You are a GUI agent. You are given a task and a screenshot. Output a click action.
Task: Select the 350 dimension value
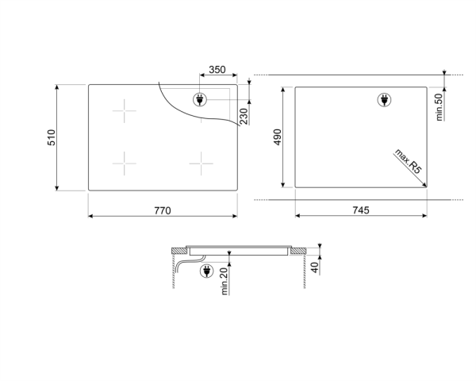[x=216, y=71]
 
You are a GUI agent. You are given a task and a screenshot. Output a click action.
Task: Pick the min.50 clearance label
[x=439, y=106]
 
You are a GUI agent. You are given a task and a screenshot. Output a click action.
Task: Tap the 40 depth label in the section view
[x=316, y=267]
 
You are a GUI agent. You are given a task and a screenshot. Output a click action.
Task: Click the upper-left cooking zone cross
[x=125, y=111]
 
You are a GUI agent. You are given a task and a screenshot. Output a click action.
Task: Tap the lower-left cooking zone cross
[x=125, y=164]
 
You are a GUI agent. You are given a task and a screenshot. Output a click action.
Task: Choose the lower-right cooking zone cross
[x=202, y=164]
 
